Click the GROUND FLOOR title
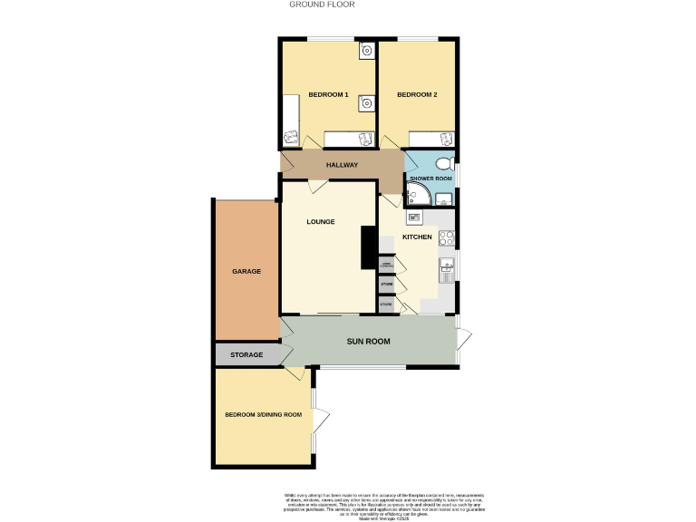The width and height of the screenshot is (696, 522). (322, 5)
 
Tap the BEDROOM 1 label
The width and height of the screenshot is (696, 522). (328, 95)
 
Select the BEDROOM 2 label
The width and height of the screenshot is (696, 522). (417, 95)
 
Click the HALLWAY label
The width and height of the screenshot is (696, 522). (343, 165)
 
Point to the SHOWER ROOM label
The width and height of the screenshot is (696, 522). (430, 179)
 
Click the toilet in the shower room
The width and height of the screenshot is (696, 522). (443, 164)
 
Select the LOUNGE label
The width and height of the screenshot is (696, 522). (321, 222)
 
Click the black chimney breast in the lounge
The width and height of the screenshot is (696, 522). (368, 247)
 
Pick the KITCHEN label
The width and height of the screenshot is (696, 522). (417, 237)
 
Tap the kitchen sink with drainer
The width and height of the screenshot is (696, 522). (446, 270)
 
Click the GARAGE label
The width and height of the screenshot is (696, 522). (246, 271)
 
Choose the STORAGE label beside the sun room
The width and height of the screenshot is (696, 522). (246, 354)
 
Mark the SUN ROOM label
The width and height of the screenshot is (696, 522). (369, 342)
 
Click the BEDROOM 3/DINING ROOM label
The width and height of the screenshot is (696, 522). (263, 415)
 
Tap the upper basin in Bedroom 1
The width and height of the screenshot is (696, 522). (364, 51)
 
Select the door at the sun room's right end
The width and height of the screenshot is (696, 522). (464, 341)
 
